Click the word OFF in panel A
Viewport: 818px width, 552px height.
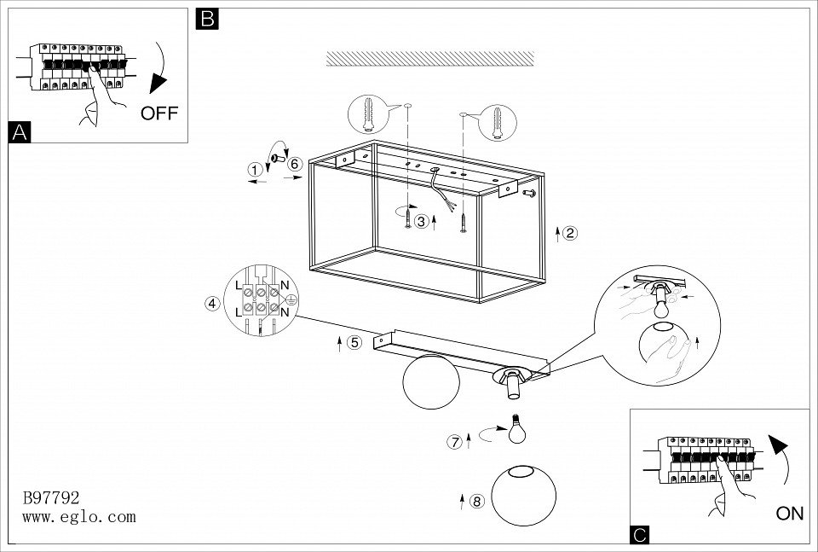[x=159, y=113]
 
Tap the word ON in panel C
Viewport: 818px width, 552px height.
[x=790, y=514]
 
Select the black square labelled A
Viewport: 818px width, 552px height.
[x=19, y=132]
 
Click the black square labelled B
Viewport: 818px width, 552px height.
[x=207, y=19]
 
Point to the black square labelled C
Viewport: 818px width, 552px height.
[x=641, y=535]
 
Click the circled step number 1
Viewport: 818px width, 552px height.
[x=254, y=170]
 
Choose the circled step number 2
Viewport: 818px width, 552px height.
[x=570, y=232]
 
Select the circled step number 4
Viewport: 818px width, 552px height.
[x=212, y=302]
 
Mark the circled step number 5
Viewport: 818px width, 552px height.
[x=354, y=343]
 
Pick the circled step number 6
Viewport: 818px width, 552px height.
[x=295, y=164]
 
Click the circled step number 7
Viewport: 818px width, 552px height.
[x=455, y=442]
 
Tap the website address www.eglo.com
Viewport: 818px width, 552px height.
[x=78, y=516]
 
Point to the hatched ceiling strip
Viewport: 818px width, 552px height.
[x=430, y=58]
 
